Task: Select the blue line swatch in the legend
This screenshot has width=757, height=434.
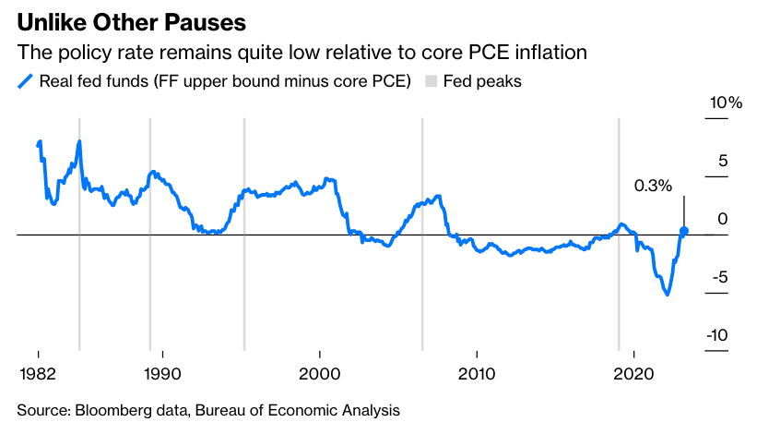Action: tap(25, 81)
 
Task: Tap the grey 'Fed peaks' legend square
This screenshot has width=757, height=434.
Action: tap(431, 81)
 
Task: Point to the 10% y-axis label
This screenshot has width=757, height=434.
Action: tap(724, 102)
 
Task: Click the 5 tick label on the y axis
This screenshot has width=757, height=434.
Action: tap(723, 161)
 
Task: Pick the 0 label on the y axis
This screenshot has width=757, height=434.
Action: tap(723, 219)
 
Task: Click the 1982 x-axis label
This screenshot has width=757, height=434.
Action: tap(39, 373)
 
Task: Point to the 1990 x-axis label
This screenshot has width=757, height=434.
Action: tap(163, 373)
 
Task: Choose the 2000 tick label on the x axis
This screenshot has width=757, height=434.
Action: tap(319, 373)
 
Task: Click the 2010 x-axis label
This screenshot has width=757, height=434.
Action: tap(476, 373)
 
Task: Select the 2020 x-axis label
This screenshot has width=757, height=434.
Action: tap(633, 373)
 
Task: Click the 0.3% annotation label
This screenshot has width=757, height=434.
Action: tap(653, 186)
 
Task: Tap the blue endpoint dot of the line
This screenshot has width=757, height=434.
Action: tap(684, 231)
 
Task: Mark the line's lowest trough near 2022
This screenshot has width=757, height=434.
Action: tap(666, 294)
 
